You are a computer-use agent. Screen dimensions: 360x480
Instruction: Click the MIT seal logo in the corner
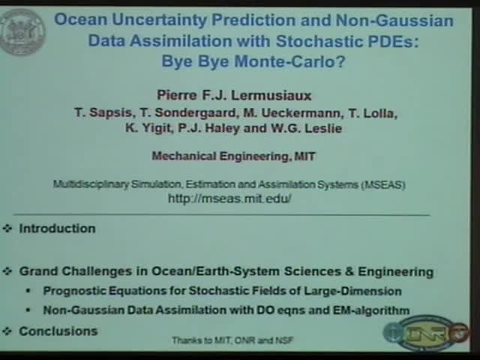point(22,31)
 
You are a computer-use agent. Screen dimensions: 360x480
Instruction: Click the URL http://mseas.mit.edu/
point(229,199)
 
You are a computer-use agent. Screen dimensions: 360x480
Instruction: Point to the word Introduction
point(57,228)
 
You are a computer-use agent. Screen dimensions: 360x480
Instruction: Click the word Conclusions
point(58,331)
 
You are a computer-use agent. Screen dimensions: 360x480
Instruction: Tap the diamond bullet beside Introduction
point(7,228)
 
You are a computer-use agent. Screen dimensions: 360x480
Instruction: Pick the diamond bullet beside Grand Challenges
point(7,271)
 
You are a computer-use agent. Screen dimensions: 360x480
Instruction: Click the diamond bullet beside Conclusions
point(7,331)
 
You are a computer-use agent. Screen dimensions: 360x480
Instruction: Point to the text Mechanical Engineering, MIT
point(234,156)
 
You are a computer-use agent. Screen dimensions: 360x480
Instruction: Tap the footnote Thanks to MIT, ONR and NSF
point(232,340)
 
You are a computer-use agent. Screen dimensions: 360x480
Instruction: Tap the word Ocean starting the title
point(79,20)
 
